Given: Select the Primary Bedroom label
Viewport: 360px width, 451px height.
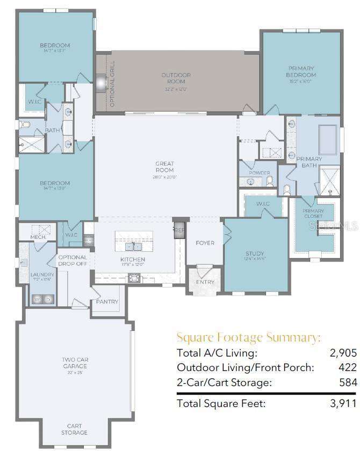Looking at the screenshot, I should pyautogui.click(x=301, y=71).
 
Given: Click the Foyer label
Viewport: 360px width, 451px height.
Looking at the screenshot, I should pyautogui.click(x=205, y=243).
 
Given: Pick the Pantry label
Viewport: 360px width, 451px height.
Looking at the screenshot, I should pyautogui.click(x=107, y=302).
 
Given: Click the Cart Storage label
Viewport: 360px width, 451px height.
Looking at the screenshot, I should pyautogui.click(x=74, y=429).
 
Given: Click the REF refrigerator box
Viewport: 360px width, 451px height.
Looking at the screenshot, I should pyautogui.click(x=179, y=229).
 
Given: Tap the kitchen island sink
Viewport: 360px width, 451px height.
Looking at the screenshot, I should pyautogui.click(x=133, y=246).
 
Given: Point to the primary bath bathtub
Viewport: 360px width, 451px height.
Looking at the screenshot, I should pyautogui.click(x=328, y=140).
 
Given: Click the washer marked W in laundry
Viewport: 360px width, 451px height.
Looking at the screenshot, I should pyautogui.click(x=38, y=299).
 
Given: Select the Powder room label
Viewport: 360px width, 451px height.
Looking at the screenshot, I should pyautogui.click(x=260, y=173).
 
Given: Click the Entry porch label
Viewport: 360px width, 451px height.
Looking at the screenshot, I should pyautogui.click(x=205, y=282).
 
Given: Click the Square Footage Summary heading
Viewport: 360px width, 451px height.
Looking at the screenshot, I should pyautogui.click(x=249, y=338).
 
